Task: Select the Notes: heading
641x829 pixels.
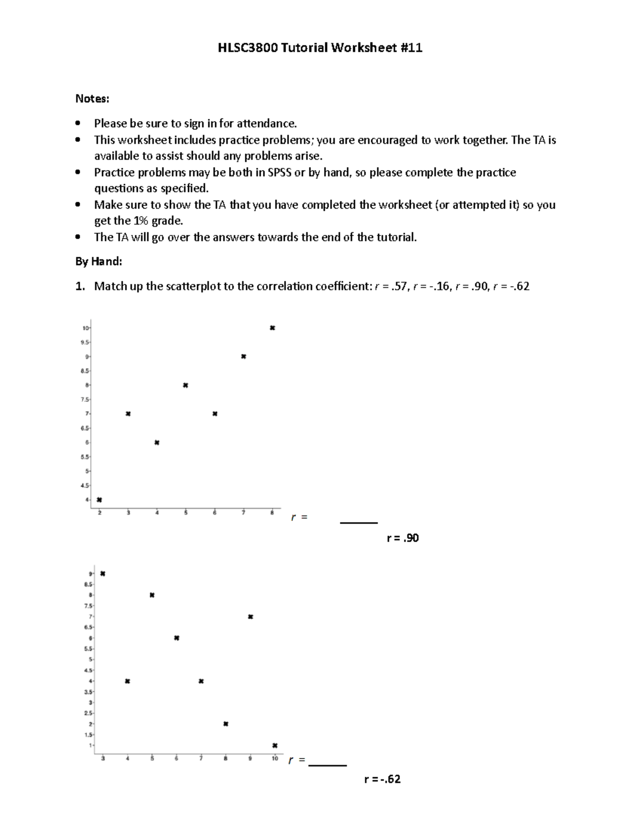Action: point(92,99)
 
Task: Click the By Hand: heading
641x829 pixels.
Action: point(99,262)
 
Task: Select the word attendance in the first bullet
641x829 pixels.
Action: point(266,123)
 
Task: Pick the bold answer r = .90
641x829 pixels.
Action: point(403,538)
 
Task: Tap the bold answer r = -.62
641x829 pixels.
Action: point(382,779)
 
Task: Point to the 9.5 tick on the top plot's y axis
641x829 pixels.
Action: point(85,342)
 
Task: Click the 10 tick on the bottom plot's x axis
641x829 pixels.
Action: point(275,759)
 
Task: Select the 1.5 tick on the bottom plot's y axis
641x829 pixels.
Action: point(91,735)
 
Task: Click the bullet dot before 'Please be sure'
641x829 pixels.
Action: point(79,123)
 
